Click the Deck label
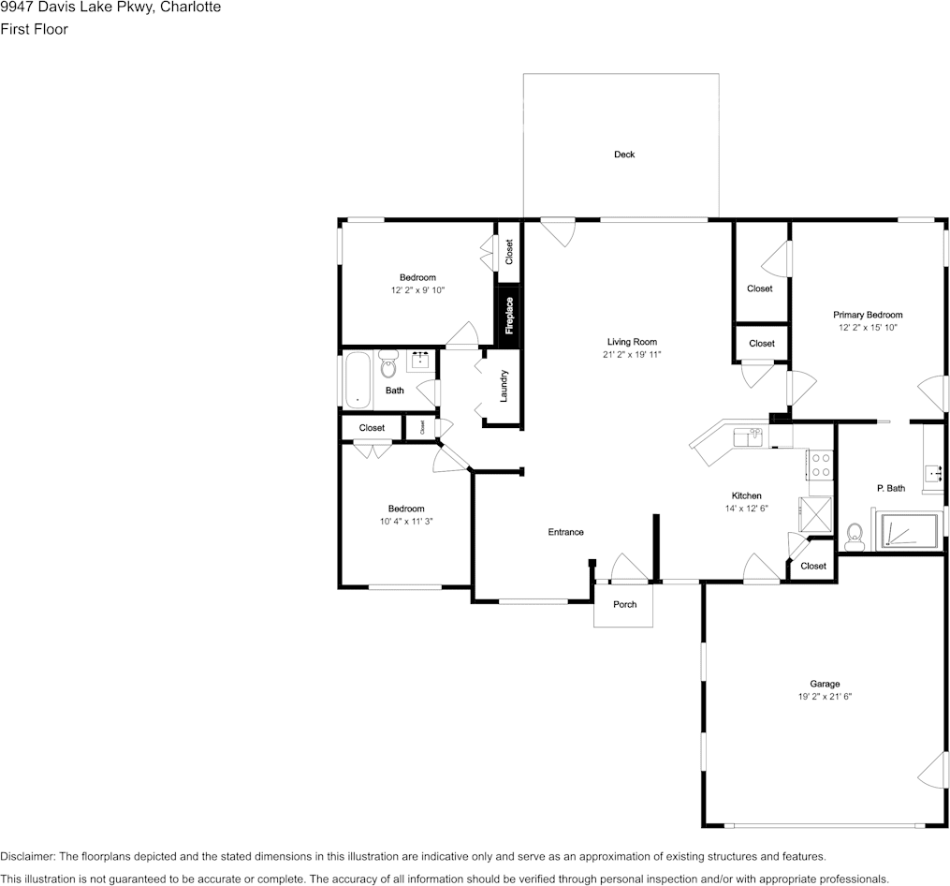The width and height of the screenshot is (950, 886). pyautogui.click(x=624, y=155)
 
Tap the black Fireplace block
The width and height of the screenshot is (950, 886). pyautogui.click(x=509, y=316)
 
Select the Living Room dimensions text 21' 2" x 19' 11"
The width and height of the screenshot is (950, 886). pyautogui.click(x=632, y=355)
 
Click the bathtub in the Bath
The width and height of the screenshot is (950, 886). pyautogui.click(x=358, y=379)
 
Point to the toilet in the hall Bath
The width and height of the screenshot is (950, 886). pyautogui.click(x=387, y=364)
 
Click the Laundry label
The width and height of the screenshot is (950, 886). pyautogui.click(x=504, y=386)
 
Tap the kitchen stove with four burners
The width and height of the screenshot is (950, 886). pyautogui.click(x=821, y=465)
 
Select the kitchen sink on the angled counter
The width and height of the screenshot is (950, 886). pyautogui.click(x=748, y=437)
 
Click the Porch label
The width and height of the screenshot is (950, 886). pyautogui.click(x=624, y=605)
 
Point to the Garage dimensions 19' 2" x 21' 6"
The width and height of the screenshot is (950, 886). pyautogui.click(x=825, y=697)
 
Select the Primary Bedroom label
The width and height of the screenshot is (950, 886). pyautogui.click(x=868, y=315)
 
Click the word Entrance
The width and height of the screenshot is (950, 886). pyautogui.click(x=566, y=532)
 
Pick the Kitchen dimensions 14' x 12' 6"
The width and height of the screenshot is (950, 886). pyautogui.click(x=747, y=509)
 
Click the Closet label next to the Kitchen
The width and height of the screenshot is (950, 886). pyautogui.click(x=813, y=566)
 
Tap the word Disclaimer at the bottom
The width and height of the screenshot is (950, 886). pyautogui.click(x=28, y=857)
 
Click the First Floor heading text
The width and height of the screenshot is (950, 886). pyautogui.click(x=34, y=29)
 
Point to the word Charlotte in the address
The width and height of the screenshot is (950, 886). pyautogui.click(x=190, y=7)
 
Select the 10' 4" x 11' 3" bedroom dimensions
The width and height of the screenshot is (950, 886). pyautogui.click(x=406, y=522)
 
